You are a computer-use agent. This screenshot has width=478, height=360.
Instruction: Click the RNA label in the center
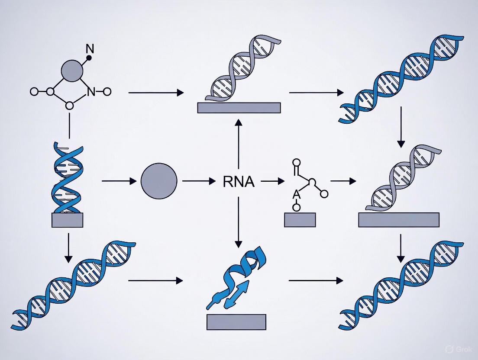point(239,182)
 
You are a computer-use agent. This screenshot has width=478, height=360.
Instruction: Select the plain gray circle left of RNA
point(159,181)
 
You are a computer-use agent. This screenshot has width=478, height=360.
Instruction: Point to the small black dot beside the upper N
point(89,58)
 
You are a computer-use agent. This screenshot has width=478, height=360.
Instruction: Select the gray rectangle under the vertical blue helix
point(67,220)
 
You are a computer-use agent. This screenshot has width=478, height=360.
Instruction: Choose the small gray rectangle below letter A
point(300,220)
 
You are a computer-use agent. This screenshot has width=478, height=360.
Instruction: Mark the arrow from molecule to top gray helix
point(156,93)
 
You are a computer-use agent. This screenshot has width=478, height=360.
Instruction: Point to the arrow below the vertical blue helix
point(68,248)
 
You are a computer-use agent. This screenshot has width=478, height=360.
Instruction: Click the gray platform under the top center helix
point(239,108)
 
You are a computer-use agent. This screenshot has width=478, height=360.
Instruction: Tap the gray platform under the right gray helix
point(399,220)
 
